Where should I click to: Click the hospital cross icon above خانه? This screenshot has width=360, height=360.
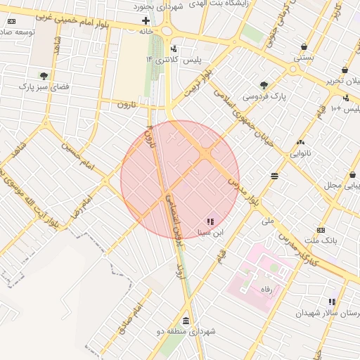pos(146,21)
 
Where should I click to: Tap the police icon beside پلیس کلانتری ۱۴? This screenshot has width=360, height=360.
pos(174,49)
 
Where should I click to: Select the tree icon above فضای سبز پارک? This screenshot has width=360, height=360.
pos(44,75)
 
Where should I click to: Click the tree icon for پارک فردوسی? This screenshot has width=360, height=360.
pos(264,84)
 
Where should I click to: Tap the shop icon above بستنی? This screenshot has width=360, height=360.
pos(303,47)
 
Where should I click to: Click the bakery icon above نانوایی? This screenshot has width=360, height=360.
pos(300,142)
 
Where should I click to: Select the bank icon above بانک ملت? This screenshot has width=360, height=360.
pos(321,230)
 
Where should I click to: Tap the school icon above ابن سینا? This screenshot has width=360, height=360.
pos(210,221)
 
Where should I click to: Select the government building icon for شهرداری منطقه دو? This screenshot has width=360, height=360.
pos(186,320)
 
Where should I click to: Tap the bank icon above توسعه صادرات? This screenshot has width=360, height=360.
pos(11,22)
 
